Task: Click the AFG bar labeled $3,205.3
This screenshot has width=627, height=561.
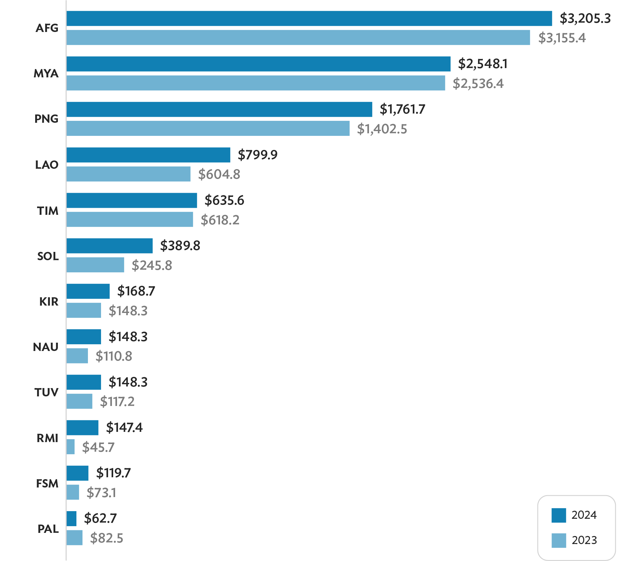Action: (309, 19)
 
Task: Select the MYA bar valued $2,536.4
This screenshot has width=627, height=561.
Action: (256, 83)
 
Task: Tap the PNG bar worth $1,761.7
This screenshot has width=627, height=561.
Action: (219, 109)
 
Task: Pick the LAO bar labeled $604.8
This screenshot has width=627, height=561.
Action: (129, 174)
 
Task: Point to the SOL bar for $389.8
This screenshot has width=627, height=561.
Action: (110, 246)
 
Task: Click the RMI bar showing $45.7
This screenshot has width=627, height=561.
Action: (71, 447)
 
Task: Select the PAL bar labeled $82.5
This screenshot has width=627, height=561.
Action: (74, 538)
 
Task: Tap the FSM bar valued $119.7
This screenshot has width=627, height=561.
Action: (78, 473)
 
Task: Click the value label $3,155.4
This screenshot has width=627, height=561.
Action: (562, 38)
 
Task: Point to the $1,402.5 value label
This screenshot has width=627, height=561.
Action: (382, 129)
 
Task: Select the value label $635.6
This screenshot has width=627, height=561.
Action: (224, 200)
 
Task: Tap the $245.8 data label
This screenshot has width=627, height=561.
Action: (152, 265)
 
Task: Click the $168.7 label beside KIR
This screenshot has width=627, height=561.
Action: (136, 291)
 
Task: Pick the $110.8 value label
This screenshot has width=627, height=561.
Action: (114, 356)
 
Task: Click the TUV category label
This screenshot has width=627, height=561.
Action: (47, 392)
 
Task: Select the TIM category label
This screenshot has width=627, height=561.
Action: (48, 211)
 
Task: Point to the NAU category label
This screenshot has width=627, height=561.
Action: (46, 347)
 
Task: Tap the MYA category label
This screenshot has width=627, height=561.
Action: (46, 74)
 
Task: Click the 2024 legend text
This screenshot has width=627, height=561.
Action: (584, 515)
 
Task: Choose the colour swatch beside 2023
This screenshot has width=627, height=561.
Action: (559, 540)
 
